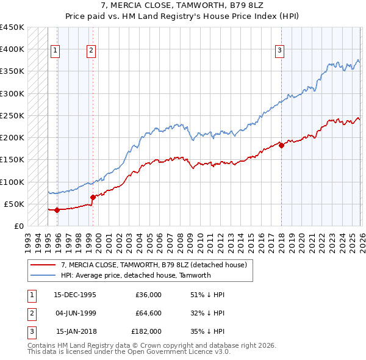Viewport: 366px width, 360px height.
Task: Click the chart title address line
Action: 183,6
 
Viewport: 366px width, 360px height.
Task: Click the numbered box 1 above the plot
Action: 56,51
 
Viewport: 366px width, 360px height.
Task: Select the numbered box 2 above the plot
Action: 91,51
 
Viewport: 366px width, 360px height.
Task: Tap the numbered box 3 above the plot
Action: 279,51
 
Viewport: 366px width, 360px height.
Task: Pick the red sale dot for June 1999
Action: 93,197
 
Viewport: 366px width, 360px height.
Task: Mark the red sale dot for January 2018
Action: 281,145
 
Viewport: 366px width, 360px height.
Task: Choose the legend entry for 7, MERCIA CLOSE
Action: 154,265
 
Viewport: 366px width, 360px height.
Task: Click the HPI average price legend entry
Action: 135,275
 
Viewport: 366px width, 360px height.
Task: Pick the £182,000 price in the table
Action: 146,331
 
